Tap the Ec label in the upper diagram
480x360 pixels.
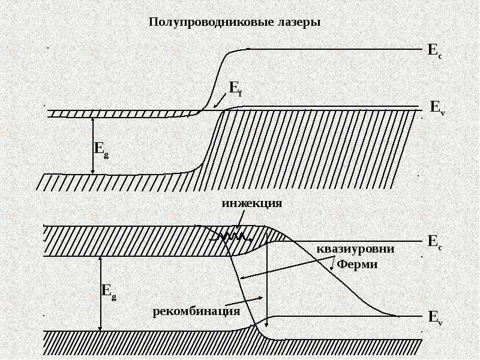click(x=434, y=50)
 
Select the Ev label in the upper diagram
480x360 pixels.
click(x=438, y=108)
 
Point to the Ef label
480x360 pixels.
click(x=235, y=89)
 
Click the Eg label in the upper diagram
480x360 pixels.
click(x=101, y=150)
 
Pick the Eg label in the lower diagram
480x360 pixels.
click(x=109, y=292)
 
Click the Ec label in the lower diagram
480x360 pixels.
click(x=435, y=242)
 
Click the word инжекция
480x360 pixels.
click(x=252, y=203)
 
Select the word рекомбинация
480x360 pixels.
click(x=196, y=311)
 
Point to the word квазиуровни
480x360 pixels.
click(x=355, y=248)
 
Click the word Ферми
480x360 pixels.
click(x=357, y=264)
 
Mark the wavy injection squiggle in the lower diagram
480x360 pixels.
click(x=232, y=236)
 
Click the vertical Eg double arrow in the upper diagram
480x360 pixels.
click(x=93, y=146)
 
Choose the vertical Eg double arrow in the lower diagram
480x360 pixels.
click(x=100, y=294)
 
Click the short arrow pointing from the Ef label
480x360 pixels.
click(x=220, y=101)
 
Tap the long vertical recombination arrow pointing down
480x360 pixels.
click(x=267, y=280)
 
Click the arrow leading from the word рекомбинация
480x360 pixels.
click(x=244, y=301)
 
